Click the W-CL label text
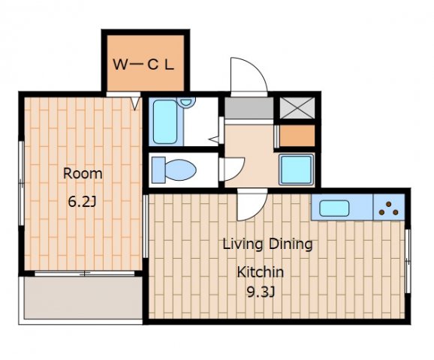point(143,64)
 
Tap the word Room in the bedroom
point(83,173)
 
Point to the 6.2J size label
point(82,202)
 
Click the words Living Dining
point(267,244)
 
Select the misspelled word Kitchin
point(261,271)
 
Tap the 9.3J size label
point(261,292)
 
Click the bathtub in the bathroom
point(165,121)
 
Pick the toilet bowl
point(180,170)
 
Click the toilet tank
point(158,170)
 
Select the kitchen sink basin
point(334,208)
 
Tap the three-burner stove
point(389,207)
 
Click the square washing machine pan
point(297,169)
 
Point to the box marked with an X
point(297,108)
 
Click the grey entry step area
point(249,108)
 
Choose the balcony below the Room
point(83,298)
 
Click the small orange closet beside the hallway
point(297,136)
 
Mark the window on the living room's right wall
point(408,261)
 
